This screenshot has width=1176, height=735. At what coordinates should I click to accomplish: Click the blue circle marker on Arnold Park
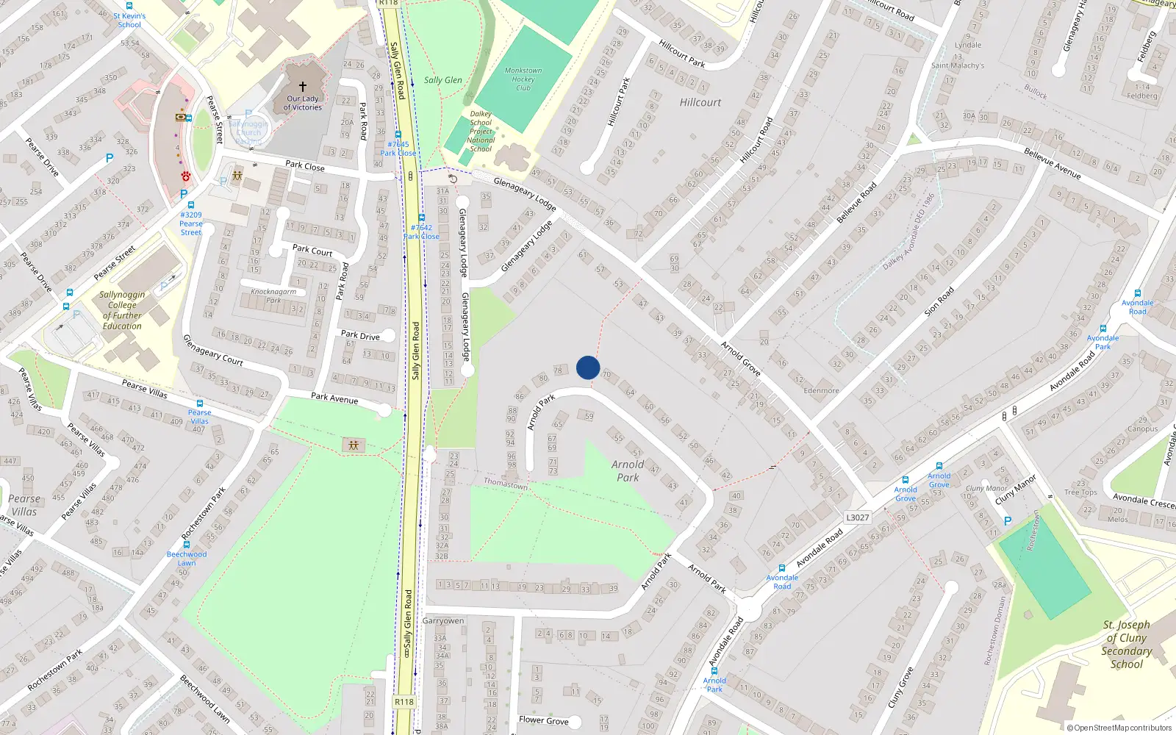point(588,367)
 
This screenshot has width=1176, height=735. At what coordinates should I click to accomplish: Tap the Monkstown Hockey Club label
point(523,79)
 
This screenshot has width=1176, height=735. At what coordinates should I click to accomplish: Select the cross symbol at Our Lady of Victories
point(302,87)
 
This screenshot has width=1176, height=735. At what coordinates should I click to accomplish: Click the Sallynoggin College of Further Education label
point(122,310)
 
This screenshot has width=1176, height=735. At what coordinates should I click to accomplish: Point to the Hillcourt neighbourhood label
point(700,103)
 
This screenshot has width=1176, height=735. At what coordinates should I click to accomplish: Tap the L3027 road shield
point(858,517)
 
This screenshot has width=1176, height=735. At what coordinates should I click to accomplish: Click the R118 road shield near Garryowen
point(404,702)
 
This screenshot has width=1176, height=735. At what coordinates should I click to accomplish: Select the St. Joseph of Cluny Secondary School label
point(1126,645)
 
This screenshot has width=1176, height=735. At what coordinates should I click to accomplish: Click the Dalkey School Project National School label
point(481,132)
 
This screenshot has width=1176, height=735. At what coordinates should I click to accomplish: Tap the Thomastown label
point(506,484)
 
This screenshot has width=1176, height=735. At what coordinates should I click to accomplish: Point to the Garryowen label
point(443,621)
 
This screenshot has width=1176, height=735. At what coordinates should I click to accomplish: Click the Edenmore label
point(821,391)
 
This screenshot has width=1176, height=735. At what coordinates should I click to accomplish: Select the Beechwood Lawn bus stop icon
point(187,545)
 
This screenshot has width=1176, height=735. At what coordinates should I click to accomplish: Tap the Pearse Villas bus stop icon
point(199,404)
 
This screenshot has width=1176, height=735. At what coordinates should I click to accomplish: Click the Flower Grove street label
point(544,720)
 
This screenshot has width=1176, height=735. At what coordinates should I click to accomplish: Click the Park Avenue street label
point(334,398)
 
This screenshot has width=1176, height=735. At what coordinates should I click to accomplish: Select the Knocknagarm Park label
point(273,295)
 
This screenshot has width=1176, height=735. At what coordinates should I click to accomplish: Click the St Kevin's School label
point(129,20)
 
